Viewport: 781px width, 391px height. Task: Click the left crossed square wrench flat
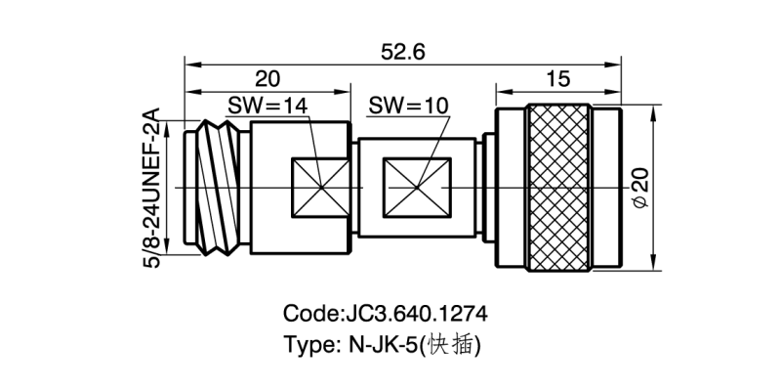[321, 188]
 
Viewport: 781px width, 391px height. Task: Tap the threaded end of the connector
[216, 188]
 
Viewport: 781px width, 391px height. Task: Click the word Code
[311, 315]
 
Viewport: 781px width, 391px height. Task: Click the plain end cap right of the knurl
[606, 188]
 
